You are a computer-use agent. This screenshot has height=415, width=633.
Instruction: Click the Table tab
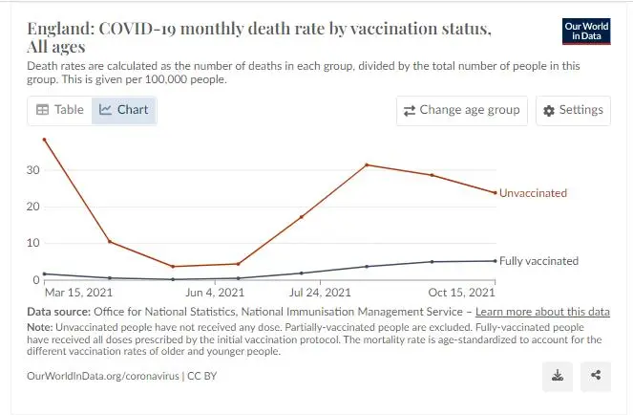coord(60,110)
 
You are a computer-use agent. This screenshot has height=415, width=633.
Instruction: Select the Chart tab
coord(124,110)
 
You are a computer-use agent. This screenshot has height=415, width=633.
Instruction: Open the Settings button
coord(573,110)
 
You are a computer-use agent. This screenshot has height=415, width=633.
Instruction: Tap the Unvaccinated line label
coord(533,193)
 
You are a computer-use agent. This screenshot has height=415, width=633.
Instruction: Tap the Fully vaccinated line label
coord(538,261)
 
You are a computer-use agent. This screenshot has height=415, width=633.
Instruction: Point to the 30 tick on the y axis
coord(33,170)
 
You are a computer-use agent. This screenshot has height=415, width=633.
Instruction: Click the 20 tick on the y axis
coord(33,207)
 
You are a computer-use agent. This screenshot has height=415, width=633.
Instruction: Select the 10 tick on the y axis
coord(33,243)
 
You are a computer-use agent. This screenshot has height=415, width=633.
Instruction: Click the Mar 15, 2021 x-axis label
coord(78,293)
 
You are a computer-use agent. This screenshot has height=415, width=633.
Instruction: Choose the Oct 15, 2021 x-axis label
coord(460,293)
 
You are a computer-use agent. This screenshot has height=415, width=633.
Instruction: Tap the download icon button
coord(558,376)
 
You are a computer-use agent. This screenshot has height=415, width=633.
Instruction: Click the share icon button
coord(596,376)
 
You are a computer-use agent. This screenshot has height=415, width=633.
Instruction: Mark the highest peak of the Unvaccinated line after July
coord(367,165)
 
